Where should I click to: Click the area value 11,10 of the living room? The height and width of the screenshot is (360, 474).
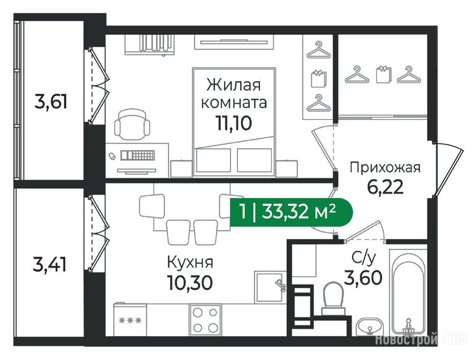point(233,123)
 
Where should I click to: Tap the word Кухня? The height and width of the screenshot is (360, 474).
point(190,262)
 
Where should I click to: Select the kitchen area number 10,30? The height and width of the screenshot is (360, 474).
point(190,283)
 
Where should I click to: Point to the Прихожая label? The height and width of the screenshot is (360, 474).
point(385,168)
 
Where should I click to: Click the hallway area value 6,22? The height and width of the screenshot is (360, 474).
point(385,187)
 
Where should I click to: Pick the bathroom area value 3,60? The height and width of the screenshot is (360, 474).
point(363,277)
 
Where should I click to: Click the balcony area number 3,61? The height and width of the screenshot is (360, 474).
point(51,102)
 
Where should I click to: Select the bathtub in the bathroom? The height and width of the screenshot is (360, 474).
point(408,292)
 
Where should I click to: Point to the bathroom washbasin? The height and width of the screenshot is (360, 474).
point(370,327)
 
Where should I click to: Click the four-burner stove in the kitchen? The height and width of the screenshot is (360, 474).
point(205,320)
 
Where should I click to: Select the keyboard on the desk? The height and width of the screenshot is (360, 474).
point(138,155)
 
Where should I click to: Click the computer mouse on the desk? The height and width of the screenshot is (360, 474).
point(112,156)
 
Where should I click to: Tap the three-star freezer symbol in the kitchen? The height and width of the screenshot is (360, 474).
point(130,320)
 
